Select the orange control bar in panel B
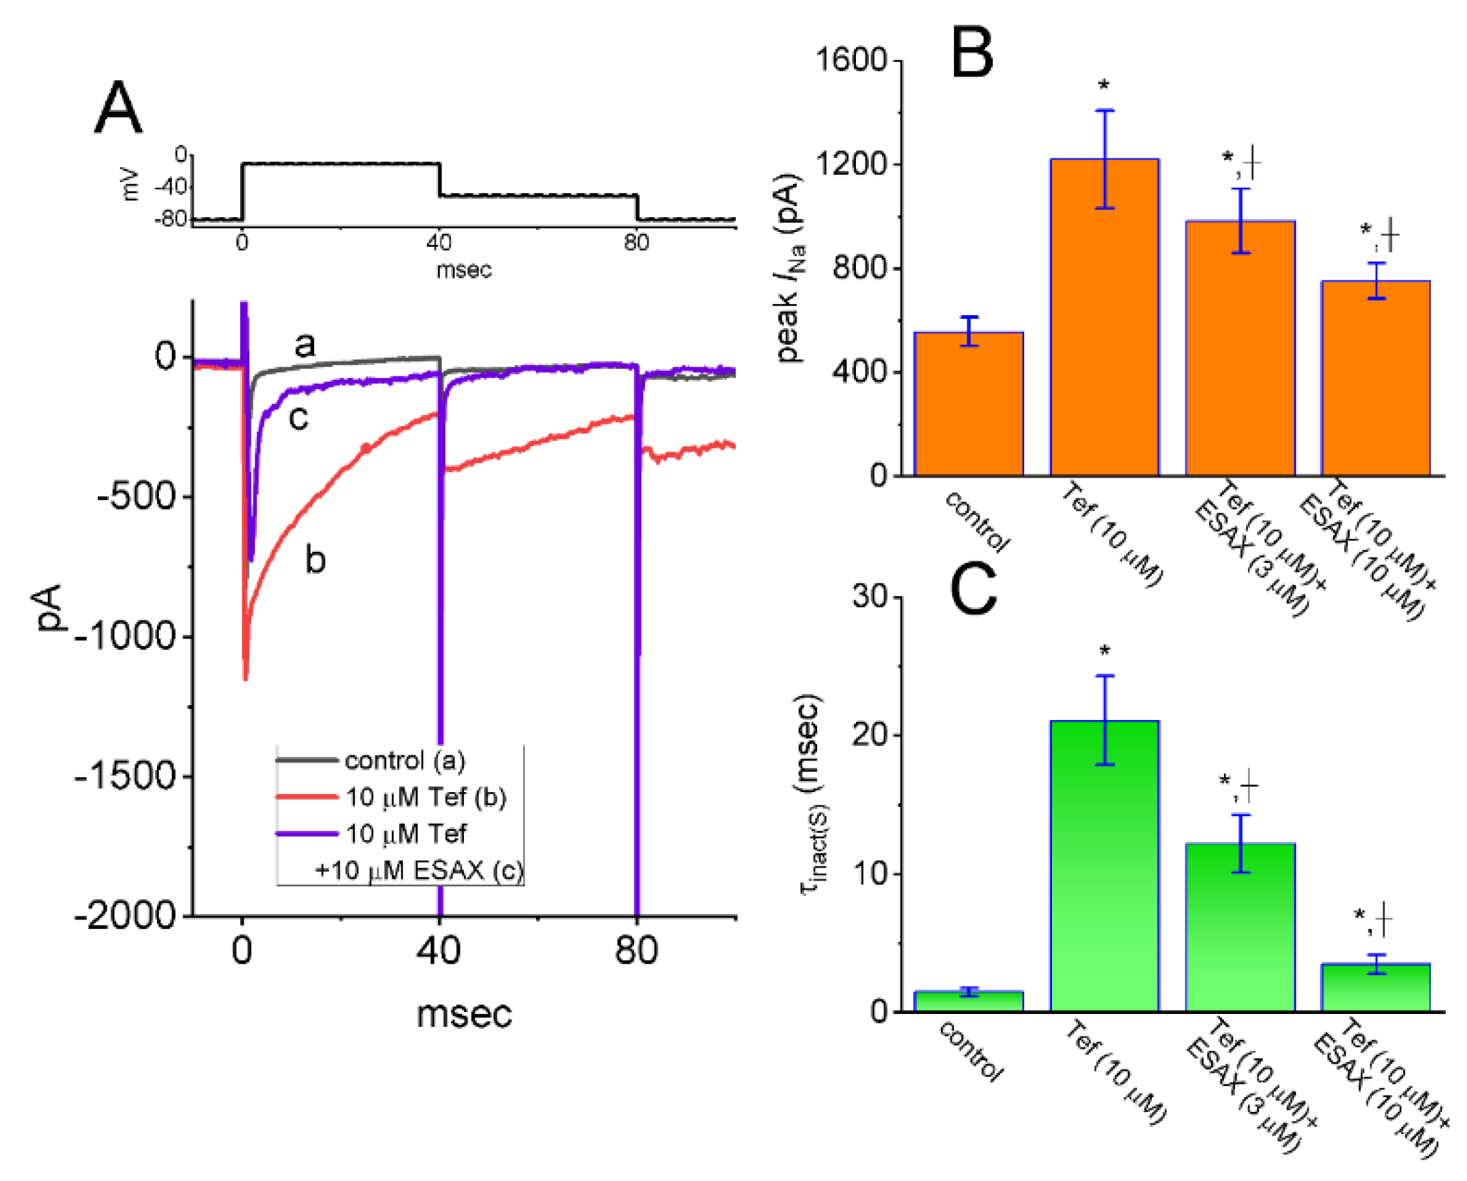tap(968, 404)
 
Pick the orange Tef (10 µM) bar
tap(1105, 317)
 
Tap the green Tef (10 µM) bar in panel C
tap(1105, 865)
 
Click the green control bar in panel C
tap(968, 1001)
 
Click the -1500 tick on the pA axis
tap(126, 776)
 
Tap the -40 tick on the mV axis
tap(171, 187)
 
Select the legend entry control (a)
tap(404, 761)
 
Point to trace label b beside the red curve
tap(314, 560)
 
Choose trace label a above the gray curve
tap(305, 344)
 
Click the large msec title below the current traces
tap(464, 1013)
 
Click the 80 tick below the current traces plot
tap(636, 950)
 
